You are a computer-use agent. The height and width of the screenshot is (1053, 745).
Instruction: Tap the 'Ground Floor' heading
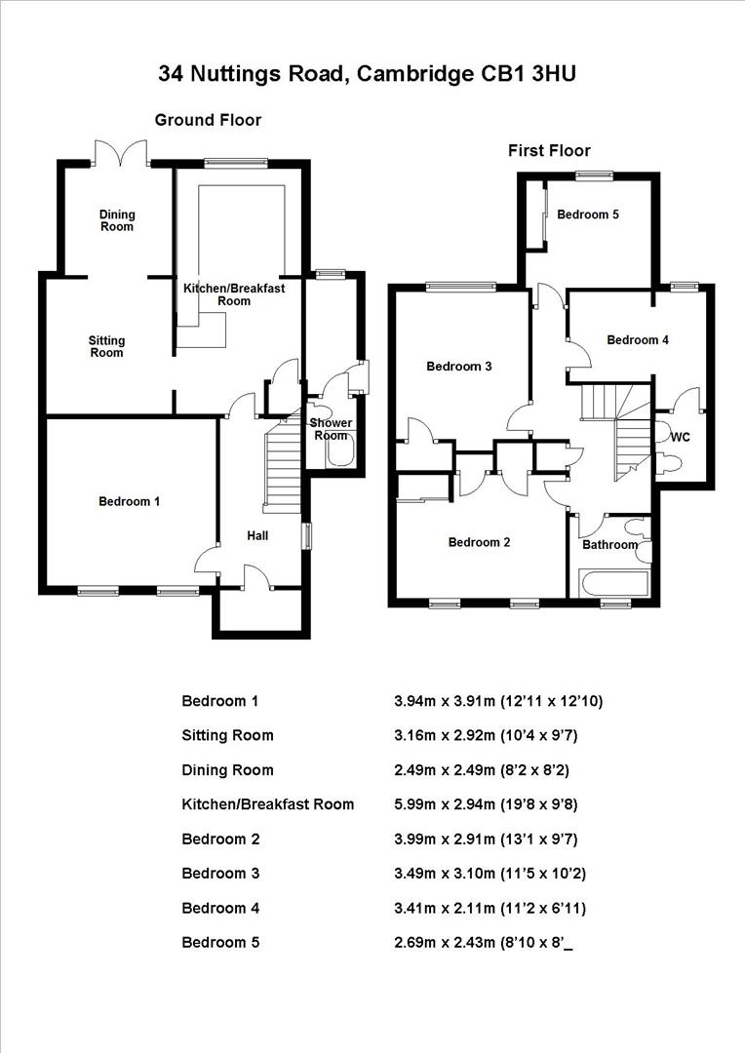tap(208, 120)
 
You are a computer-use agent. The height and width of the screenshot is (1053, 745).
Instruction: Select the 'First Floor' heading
tap(549, 150)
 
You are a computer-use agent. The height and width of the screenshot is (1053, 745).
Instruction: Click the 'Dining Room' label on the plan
tap(117, 220)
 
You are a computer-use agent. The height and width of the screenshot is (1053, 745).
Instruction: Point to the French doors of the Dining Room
tap(121, 154)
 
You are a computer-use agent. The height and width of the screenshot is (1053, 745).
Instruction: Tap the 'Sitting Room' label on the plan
tap(106, 346)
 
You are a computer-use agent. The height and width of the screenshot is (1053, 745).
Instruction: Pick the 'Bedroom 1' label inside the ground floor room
tap(130, 501)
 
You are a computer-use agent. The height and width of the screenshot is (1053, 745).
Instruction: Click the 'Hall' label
tap(257, 535)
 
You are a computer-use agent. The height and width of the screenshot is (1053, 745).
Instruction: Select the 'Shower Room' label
tap(331, 429)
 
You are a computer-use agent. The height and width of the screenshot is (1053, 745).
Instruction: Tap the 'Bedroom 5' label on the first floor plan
tap(588, 214)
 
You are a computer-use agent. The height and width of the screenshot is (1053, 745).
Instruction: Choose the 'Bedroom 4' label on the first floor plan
tap(638, 340)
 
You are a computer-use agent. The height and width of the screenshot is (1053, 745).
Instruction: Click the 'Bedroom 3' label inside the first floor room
tap(458, 367)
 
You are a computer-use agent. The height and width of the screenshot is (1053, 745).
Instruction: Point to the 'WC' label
tap(680, 438)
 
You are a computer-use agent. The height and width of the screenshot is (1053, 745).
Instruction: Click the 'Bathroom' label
tap(609, 544)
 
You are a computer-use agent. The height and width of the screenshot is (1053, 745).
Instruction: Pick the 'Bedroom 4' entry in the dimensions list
tap(220, 908)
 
